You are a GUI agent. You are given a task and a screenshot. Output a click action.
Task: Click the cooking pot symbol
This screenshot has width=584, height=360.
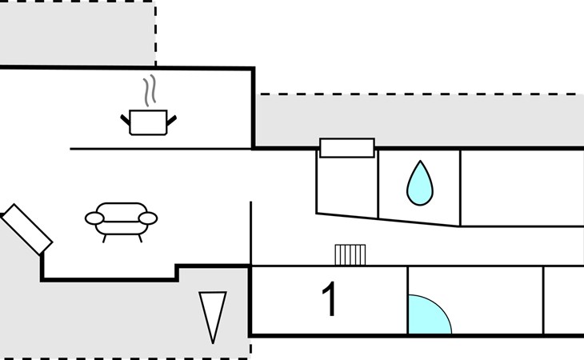click(148, 122)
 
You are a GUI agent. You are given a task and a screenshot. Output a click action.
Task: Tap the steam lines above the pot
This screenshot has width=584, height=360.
click(150, 90)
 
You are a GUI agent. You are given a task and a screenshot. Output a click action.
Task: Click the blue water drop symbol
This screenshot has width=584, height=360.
click(420, 183)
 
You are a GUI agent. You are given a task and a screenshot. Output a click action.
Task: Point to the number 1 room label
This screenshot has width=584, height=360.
click(330, 299)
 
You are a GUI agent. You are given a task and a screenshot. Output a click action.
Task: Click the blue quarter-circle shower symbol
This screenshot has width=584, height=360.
click(430, 314)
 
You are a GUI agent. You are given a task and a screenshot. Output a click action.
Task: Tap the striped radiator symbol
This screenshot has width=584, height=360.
click(350, 254)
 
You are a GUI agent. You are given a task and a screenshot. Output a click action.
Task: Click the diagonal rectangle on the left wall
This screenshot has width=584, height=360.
click(27, 230)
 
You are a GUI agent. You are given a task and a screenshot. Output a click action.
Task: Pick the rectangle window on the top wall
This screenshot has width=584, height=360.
click(347, 148)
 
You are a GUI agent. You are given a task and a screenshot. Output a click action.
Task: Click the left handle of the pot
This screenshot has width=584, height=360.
click(125, 120)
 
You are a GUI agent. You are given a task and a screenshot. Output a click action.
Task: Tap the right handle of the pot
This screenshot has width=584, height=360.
click(171, 120)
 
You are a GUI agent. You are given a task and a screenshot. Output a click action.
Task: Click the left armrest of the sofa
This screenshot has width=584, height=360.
click(94, 218)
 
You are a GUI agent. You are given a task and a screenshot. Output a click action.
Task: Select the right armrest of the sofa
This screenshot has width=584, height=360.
click(148, 218)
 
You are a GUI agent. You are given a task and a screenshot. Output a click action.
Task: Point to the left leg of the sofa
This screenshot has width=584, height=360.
click(104, 238)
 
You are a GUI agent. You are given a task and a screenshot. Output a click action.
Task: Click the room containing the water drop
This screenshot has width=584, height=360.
click(419, 186)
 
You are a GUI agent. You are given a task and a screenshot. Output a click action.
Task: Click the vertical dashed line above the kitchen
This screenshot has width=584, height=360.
click(155, 34)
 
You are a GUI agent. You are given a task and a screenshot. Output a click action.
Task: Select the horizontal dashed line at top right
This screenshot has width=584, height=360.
click(421, 94)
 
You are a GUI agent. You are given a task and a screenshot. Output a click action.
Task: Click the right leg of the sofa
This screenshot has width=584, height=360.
click(140, 238)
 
